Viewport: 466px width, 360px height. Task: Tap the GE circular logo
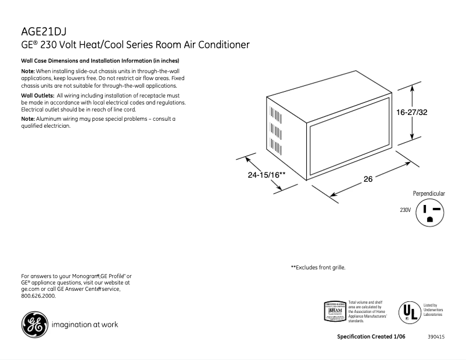[33, 325]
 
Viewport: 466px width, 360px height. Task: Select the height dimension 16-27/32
[412, 112]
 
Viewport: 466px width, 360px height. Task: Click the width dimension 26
[368, 179]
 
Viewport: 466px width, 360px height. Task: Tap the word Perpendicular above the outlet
[429, 193]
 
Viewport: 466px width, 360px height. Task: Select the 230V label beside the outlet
[405, 210]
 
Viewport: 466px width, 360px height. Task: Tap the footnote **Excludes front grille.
[318, 268]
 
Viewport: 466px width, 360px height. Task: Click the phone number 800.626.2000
[38, 296]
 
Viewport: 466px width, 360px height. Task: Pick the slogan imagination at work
[85, 325]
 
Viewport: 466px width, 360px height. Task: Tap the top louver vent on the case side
[270, 111]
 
